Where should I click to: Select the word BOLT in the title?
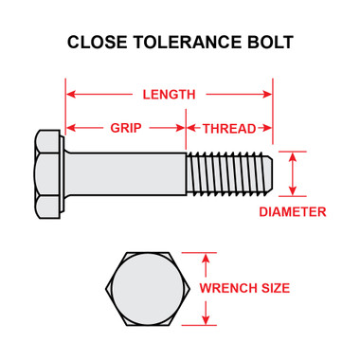point(268,43)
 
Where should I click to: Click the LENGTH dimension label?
point(169,95)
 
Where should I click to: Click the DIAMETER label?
point(293,211)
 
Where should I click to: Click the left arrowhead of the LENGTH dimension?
point(69,95)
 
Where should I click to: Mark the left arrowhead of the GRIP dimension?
point(69,127)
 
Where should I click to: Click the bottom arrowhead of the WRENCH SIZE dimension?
point(201,319)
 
